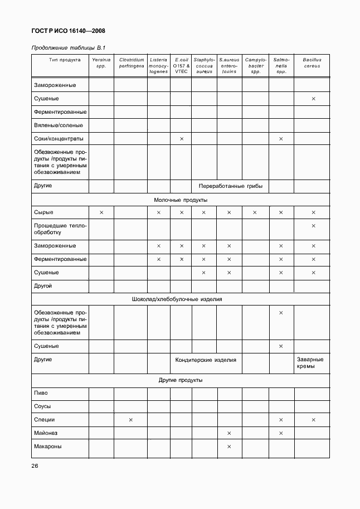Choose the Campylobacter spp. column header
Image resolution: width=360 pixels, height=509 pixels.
pos(256,65)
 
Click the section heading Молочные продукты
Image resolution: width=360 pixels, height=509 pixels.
pos(181,199)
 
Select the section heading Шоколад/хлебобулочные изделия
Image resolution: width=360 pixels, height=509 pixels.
pos(181,299)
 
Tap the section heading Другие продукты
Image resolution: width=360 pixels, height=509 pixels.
pos(181,380)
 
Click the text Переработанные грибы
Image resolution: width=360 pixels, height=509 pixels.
pos(230,186)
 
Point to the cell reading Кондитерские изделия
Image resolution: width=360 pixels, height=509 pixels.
pos(206,360)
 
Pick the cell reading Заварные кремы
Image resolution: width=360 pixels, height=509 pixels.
pos(312,363)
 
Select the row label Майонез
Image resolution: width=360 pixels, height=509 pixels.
pos(46,433)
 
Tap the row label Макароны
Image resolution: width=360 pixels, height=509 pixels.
pos(48,446)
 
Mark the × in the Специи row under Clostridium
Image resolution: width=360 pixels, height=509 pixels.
pos(131,420)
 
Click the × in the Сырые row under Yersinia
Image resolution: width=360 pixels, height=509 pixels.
pos(101,212)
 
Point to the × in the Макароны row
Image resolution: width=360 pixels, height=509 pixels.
pos(229,446)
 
